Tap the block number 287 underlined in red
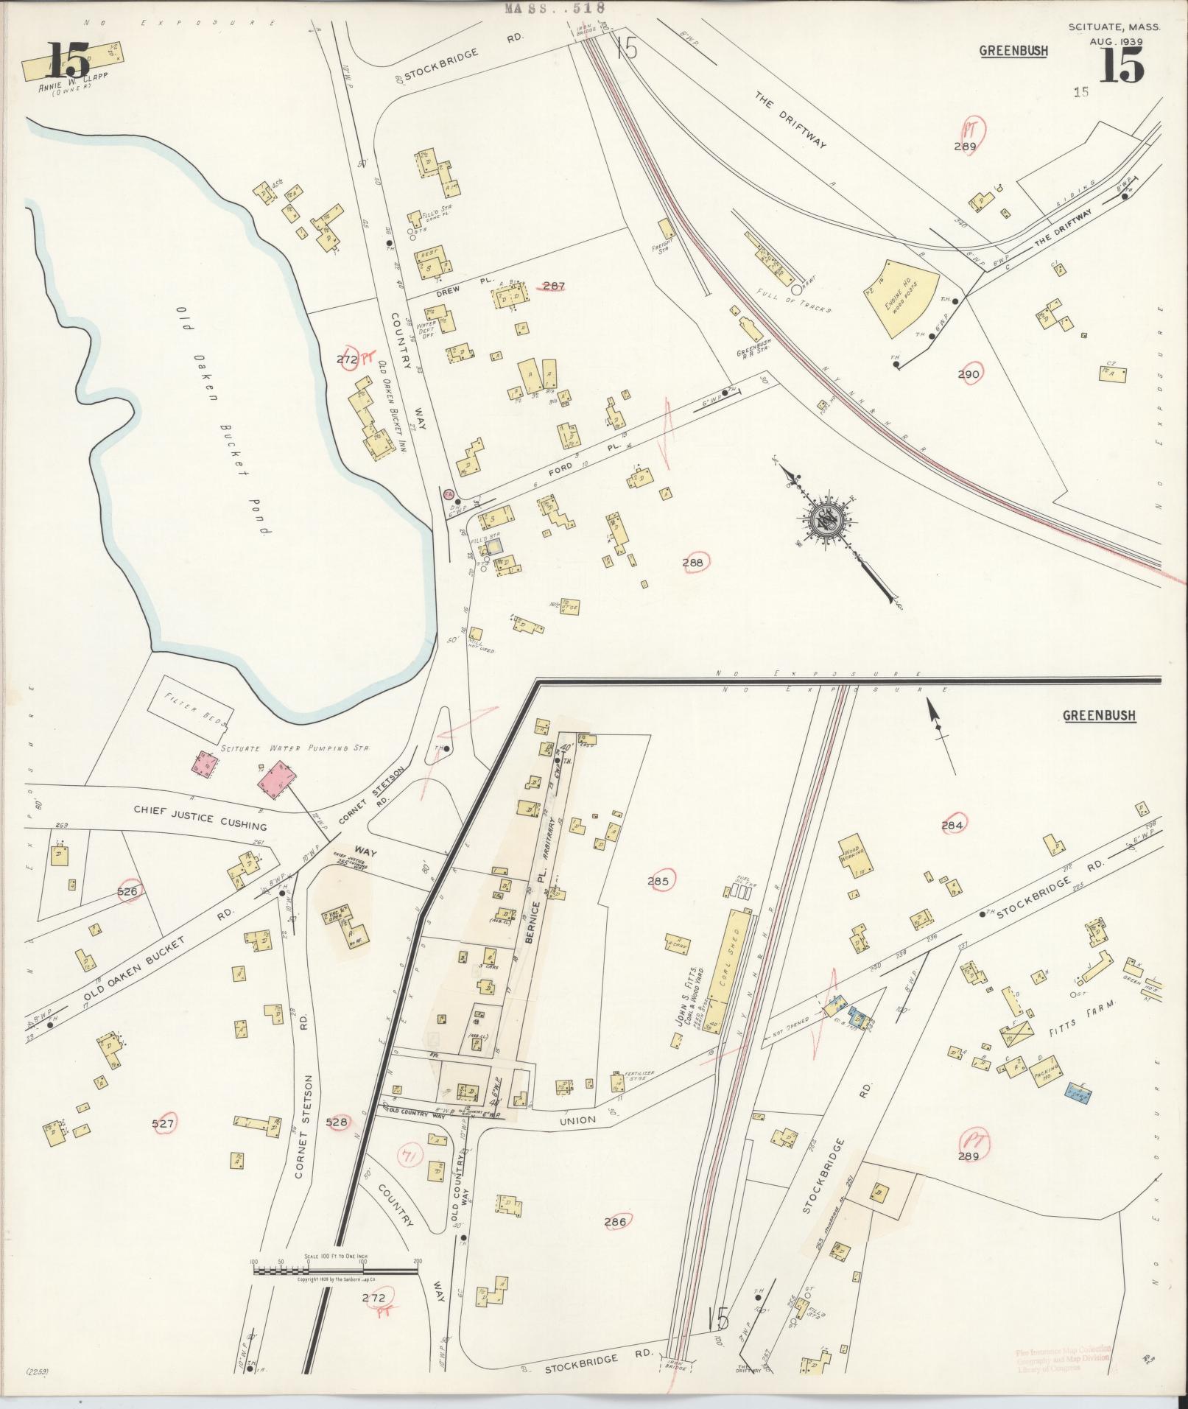(x=553, y=286)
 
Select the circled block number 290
(x=969, y=374)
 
